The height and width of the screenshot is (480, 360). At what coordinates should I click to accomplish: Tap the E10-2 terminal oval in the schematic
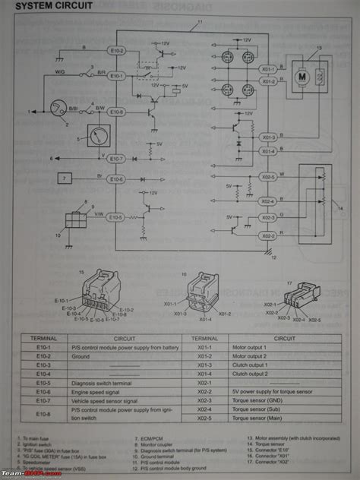coord(116,51)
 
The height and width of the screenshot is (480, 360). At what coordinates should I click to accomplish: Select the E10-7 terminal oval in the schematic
coord(116,159)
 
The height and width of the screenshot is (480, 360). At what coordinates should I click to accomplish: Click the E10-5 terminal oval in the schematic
coord(116,217)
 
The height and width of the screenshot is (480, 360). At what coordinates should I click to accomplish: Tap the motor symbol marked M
coord(301,77)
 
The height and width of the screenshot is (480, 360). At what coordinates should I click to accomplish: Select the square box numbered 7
coord(65,179)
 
